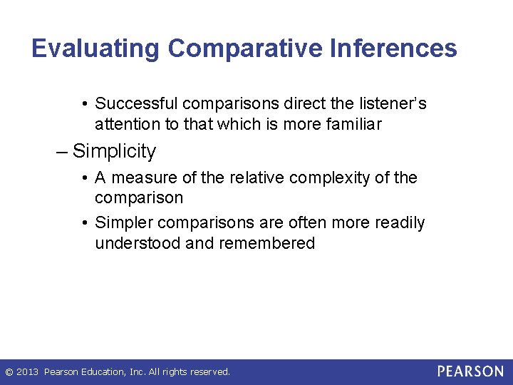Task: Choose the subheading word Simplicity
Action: [114, 151]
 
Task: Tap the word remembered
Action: [267, 243]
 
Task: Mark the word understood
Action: [138, 243]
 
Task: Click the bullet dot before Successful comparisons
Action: [85, 104]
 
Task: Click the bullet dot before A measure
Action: [85, 178]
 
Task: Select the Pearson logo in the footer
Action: [470, 371]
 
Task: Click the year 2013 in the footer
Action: [27, 372]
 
